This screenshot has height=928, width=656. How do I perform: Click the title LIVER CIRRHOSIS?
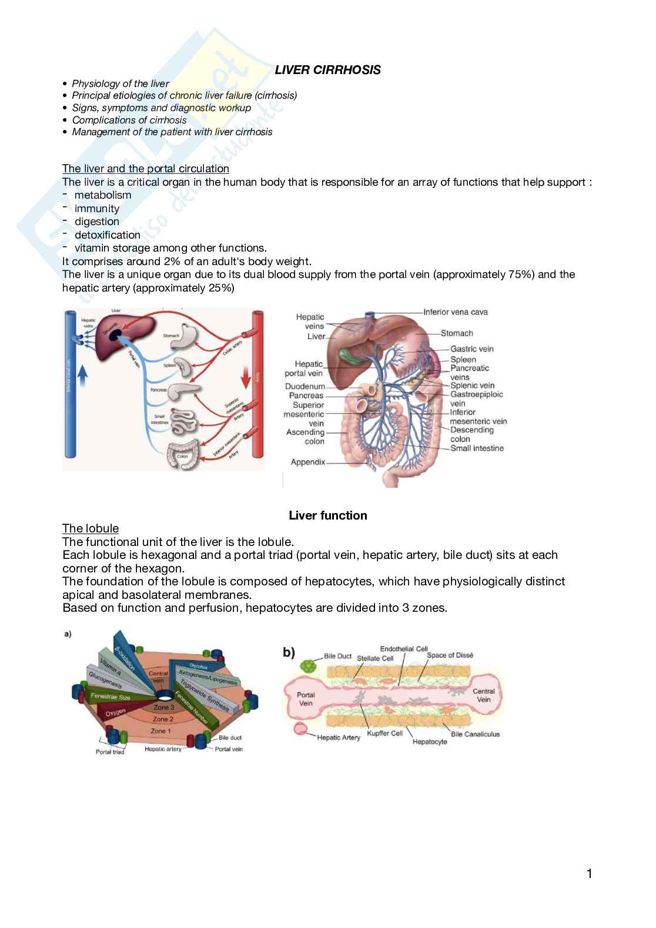(x=327, y=70)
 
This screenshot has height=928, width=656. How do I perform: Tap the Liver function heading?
(x=327, y=515)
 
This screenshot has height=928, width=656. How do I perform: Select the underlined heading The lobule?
(x=91, y=528)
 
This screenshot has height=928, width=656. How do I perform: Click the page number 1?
(x=589, y=874)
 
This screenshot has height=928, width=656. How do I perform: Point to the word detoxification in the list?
(x=107, y=235)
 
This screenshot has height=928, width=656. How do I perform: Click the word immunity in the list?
(x=96, y=209)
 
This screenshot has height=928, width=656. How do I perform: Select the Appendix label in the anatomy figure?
(x=307, y=462)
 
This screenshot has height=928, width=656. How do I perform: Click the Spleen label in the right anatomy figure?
(x=463, y=359)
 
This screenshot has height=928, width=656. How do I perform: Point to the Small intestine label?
(x=477, y=448)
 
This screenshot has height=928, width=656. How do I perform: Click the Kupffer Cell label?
(x=384, y=733)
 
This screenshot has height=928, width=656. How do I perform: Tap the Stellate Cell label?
(x=375, y=658)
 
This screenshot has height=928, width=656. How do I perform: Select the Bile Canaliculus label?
(x=475, y=734)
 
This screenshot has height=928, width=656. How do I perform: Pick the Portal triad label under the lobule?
(x=110, y=752)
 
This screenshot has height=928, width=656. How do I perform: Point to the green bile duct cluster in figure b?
(x=307, y=666)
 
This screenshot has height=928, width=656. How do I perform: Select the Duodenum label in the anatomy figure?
(x=304, y=386)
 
